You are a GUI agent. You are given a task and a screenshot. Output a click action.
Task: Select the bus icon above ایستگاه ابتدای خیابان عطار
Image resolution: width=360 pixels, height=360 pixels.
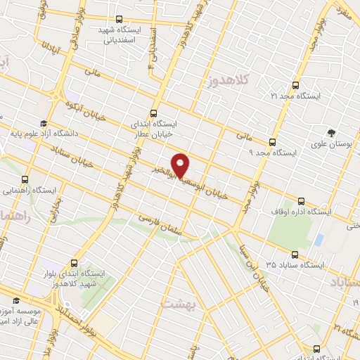click(154, 112)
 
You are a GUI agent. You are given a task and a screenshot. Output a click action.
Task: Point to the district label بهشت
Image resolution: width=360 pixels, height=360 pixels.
click(176, 304)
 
